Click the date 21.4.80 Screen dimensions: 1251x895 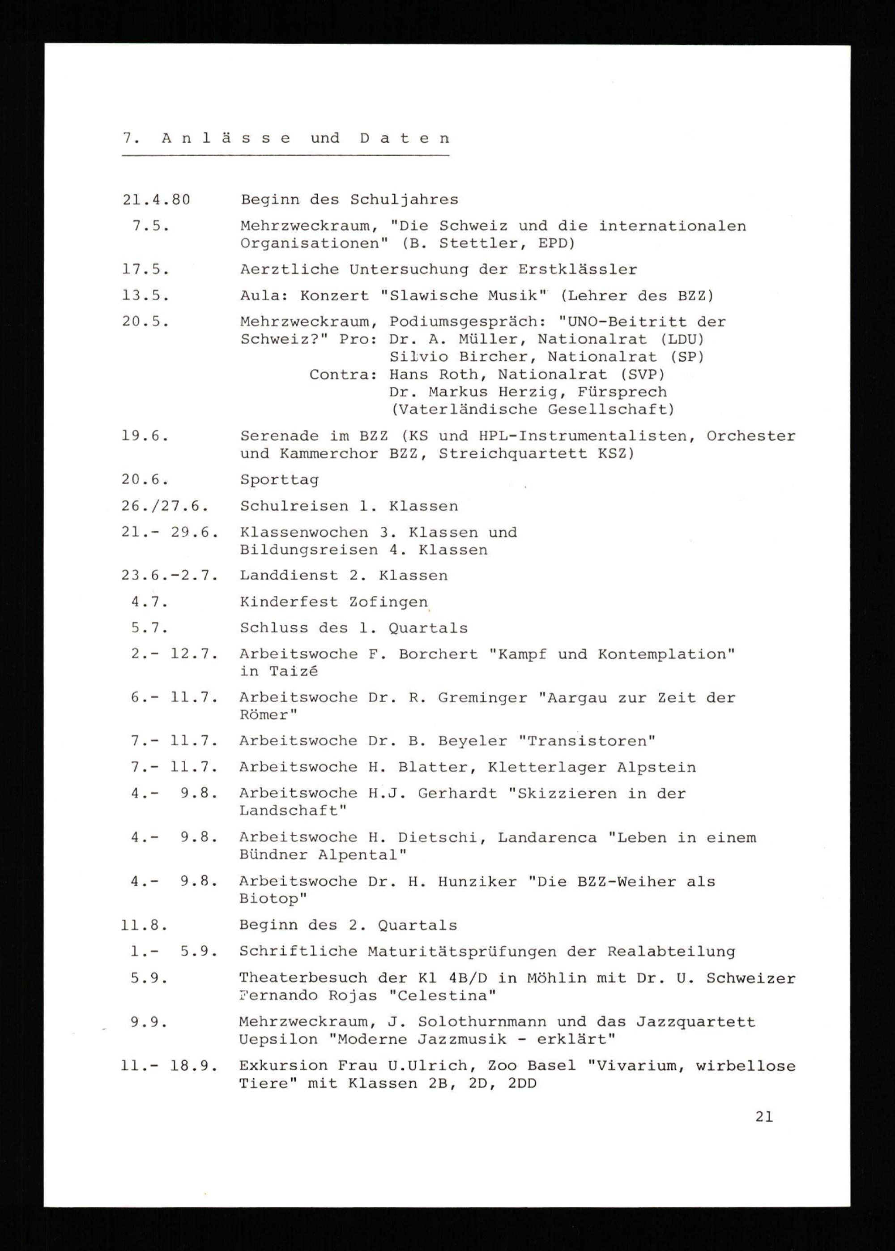point(156,200)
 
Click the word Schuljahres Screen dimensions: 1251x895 point(404,200)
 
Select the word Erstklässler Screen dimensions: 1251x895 point(578,269)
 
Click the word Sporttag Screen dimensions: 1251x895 point(279,480)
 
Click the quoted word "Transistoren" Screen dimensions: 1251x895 point(587,741)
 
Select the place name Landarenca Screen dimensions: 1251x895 point(547,838)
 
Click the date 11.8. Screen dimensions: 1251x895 point(145,925)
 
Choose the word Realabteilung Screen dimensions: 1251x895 point(671,952)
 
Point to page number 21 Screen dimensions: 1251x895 point(764,1117)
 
